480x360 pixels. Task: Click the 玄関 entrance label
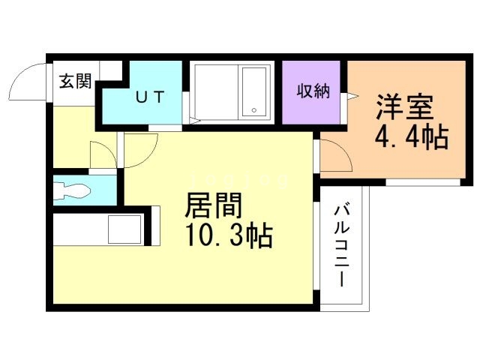point(75,82)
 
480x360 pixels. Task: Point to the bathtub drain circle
point(254,111)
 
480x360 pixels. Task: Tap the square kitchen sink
point(124,229)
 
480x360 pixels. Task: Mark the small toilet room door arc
point(101,154)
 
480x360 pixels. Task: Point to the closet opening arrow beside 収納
point(349,95)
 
